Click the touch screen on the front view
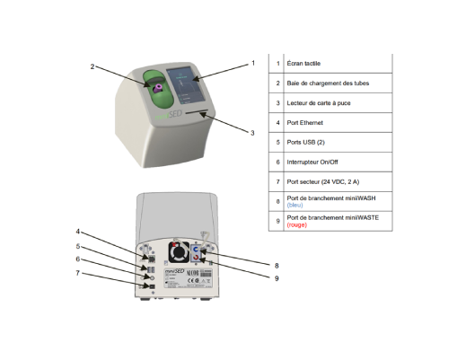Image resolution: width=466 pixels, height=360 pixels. (189, 87)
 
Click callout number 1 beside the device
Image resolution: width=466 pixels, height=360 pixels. (253, 63)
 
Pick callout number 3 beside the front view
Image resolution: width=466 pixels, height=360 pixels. (252, 133)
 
